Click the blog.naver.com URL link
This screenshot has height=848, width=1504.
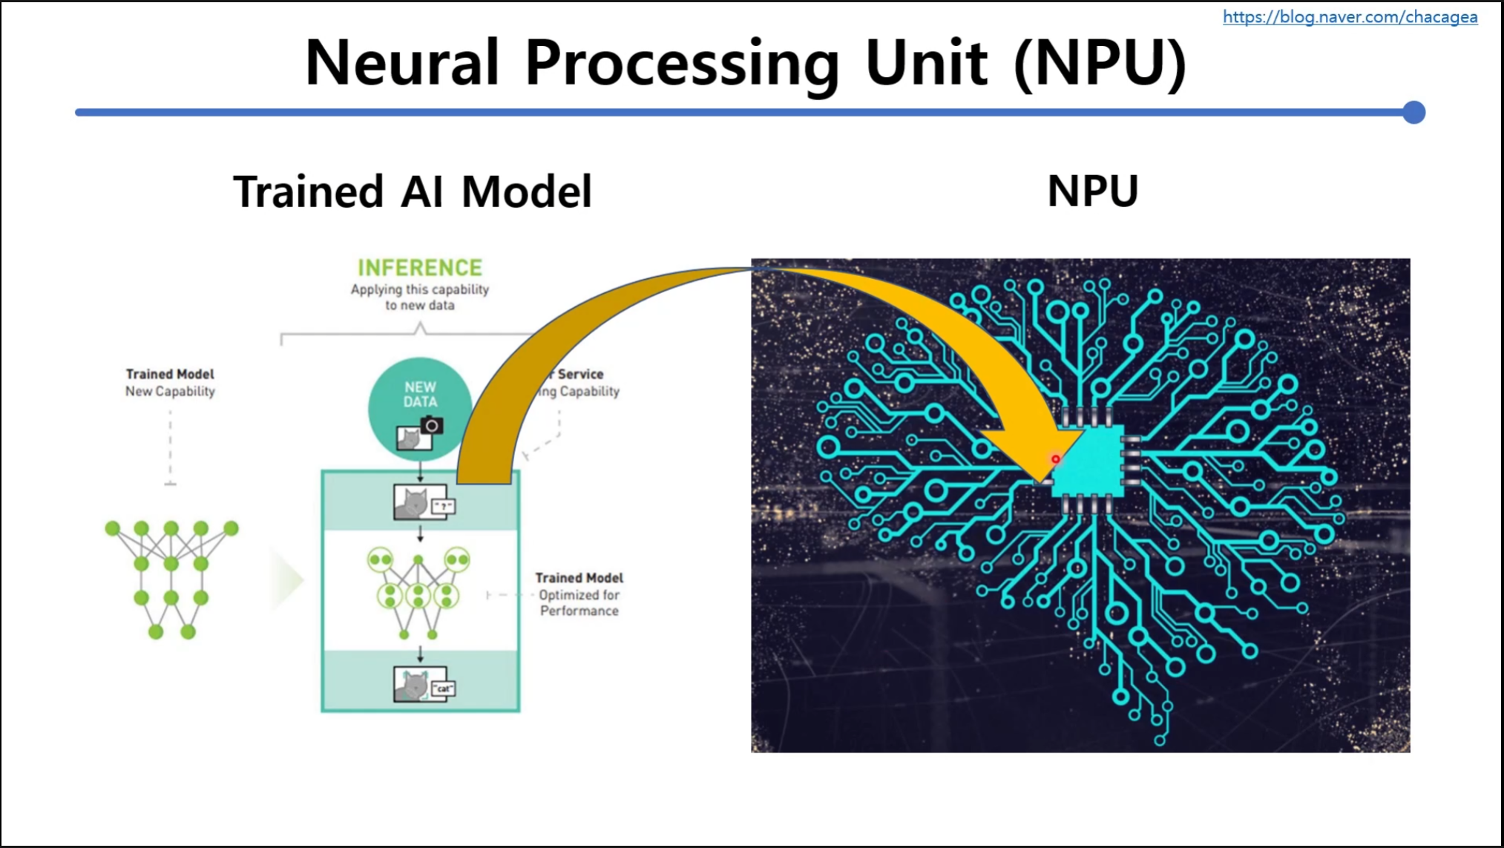click(x=1350, y=17)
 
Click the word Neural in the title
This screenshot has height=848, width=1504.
click(x=401, y=63)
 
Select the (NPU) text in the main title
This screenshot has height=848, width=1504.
click(x=1100, y=65)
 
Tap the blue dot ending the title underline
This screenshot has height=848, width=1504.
click(x=1414, y=113)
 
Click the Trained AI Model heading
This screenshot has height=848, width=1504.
click(x=413, y=191)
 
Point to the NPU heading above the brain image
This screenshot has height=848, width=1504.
click(x=1092, y=191)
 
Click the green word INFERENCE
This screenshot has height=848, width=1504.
click(x=420, y=268)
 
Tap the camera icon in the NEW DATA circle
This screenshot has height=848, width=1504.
click(x=432, y=426)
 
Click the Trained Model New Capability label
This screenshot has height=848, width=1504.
click(x=170, y=383)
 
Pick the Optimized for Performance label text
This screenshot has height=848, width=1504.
click(x=579, y=602)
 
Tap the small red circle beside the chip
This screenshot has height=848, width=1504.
click(x=1055, y=459)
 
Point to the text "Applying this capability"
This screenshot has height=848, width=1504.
click(x=420, y=289)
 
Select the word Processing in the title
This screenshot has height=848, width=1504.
click(x=682, y=65)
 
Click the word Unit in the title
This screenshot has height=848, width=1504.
click(x=926, y=63)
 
